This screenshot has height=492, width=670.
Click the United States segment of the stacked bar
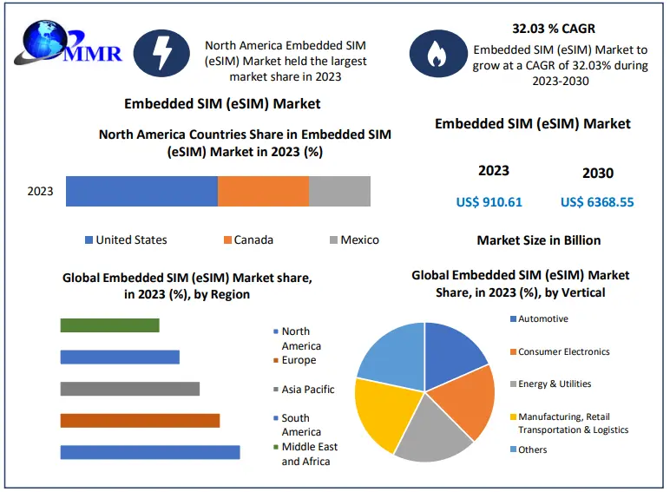tap(141, 191)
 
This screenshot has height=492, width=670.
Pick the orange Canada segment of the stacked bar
tap(263, 191)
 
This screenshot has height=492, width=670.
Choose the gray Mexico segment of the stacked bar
tap(339, 191)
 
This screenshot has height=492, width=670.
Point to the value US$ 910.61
tap(489, 202)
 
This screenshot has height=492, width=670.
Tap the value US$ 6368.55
tap(597, 202)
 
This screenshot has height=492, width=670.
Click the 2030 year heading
tap(597, 173)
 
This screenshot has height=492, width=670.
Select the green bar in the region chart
tap(109, 325)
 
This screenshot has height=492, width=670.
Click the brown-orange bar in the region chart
tap(140, 420)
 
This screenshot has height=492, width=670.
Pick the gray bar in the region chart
tap(129, 389)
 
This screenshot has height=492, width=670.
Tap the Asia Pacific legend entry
tap(307, 390)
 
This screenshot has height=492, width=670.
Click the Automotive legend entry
tap(542, 319)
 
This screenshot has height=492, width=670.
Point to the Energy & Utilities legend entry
tap(555, 384)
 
